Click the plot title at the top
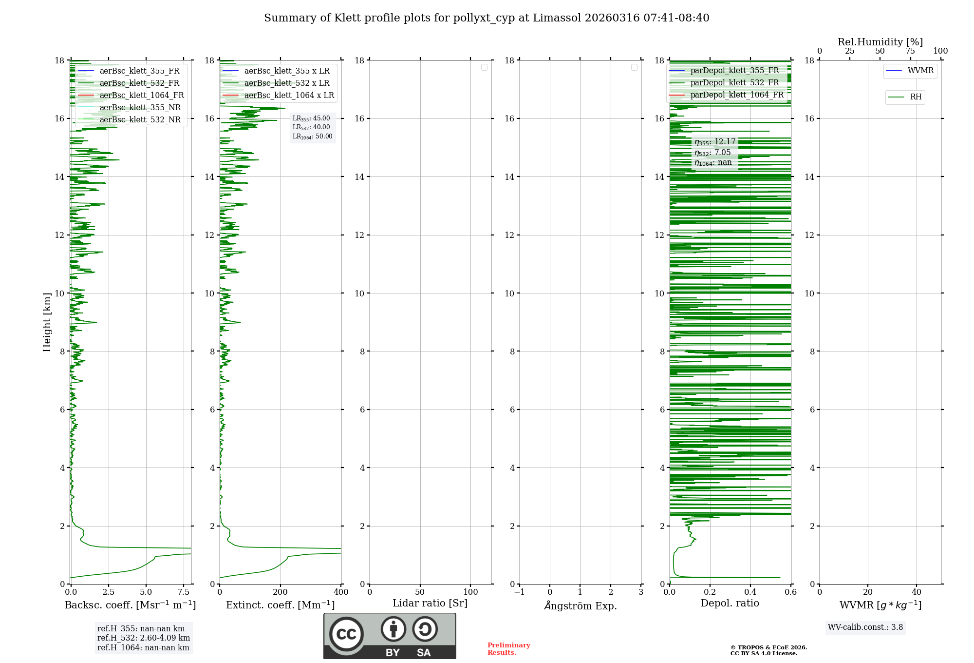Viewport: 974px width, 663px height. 487,18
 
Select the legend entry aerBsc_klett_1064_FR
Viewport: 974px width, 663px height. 141,96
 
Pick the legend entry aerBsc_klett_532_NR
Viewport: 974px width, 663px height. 140,120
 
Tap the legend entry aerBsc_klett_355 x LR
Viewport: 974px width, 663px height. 286,71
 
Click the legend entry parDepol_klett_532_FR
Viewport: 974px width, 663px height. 734,83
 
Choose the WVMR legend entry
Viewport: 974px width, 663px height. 920,71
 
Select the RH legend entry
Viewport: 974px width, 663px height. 915,97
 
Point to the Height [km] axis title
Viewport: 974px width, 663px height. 47,322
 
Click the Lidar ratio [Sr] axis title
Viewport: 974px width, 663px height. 430,604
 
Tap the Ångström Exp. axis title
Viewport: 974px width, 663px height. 581,606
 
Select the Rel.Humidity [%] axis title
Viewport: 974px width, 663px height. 880,42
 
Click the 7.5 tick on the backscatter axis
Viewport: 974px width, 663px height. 184,592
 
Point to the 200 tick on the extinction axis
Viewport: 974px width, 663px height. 281,592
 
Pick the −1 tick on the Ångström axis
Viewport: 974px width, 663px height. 520,592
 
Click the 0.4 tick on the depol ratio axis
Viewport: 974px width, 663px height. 750,592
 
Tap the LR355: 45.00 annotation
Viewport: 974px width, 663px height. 311,118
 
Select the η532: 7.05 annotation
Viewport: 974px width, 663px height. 712,153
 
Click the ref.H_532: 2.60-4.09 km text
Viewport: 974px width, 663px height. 144,638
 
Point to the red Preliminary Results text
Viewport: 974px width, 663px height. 508,649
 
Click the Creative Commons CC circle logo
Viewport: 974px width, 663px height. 346,634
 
